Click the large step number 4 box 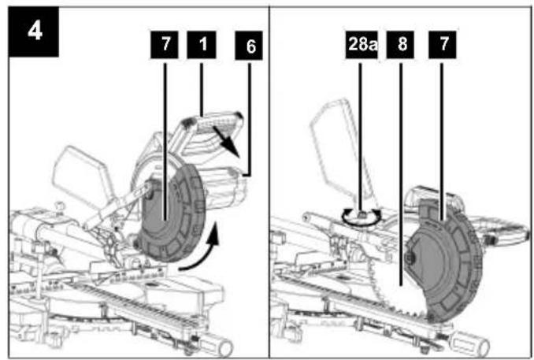33,32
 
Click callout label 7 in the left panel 165,45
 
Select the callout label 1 202,45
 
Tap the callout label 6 249,46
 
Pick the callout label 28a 362,45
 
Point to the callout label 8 400,45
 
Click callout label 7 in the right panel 443,45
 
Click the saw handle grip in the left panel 213,123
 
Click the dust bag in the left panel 82,177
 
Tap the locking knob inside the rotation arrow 362,215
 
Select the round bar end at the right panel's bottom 480,345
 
